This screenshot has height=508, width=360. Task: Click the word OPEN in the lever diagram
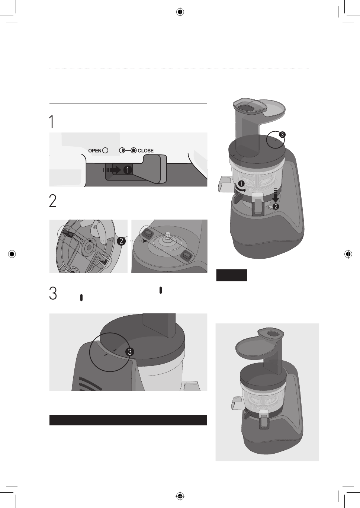point(95,151)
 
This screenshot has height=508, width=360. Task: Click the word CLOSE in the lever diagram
point(146,151)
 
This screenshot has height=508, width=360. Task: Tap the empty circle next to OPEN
point(105,150)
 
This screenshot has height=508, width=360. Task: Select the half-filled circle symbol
point(122,150)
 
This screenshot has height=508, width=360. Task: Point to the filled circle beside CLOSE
point(134,150)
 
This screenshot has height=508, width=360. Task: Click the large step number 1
point(52,122)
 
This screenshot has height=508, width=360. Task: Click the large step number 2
point(52,201)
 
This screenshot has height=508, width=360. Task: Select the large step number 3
point(53,293)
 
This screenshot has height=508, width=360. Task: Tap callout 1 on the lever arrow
point(128,170)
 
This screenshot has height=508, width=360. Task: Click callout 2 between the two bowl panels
point(121,241)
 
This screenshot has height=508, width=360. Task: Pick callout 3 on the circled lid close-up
point(129,352)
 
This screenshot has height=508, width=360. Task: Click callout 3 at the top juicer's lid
point(282,135)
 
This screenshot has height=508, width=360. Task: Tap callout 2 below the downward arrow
point(276,207)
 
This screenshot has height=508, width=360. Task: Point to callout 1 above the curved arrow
point(241,183)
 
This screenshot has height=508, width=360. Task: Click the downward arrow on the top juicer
point(276,195)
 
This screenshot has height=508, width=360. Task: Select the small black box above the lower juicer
point(232,275)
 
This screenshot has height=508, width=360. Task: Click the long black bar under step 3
point(128,420)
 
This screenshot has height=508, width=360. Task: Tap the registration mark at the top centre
point(180,12)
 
